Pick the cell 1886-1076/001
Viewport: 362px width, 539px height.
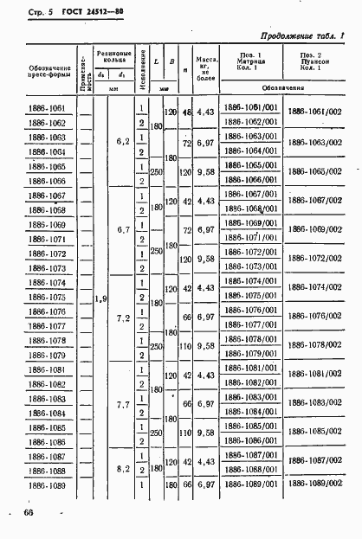pos(250,310)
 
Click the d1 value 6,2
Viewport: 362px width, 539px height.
pos(121,143)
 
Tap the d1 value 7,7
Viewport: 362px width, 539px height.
pos(121,404)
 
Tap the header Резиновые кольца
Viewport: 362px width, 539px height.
pos(112,57)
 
